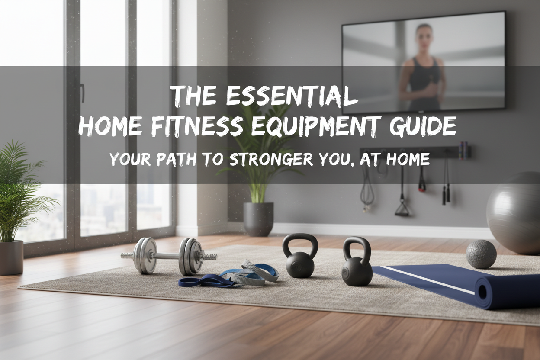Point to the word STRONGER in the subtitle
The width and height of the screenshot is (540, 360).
270,160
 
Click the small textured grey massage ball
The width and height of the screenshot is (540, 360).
481,254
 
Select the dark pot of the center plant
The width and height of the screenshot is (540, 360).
258,219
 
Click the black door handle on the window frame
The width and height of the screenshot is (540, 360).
82,93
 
